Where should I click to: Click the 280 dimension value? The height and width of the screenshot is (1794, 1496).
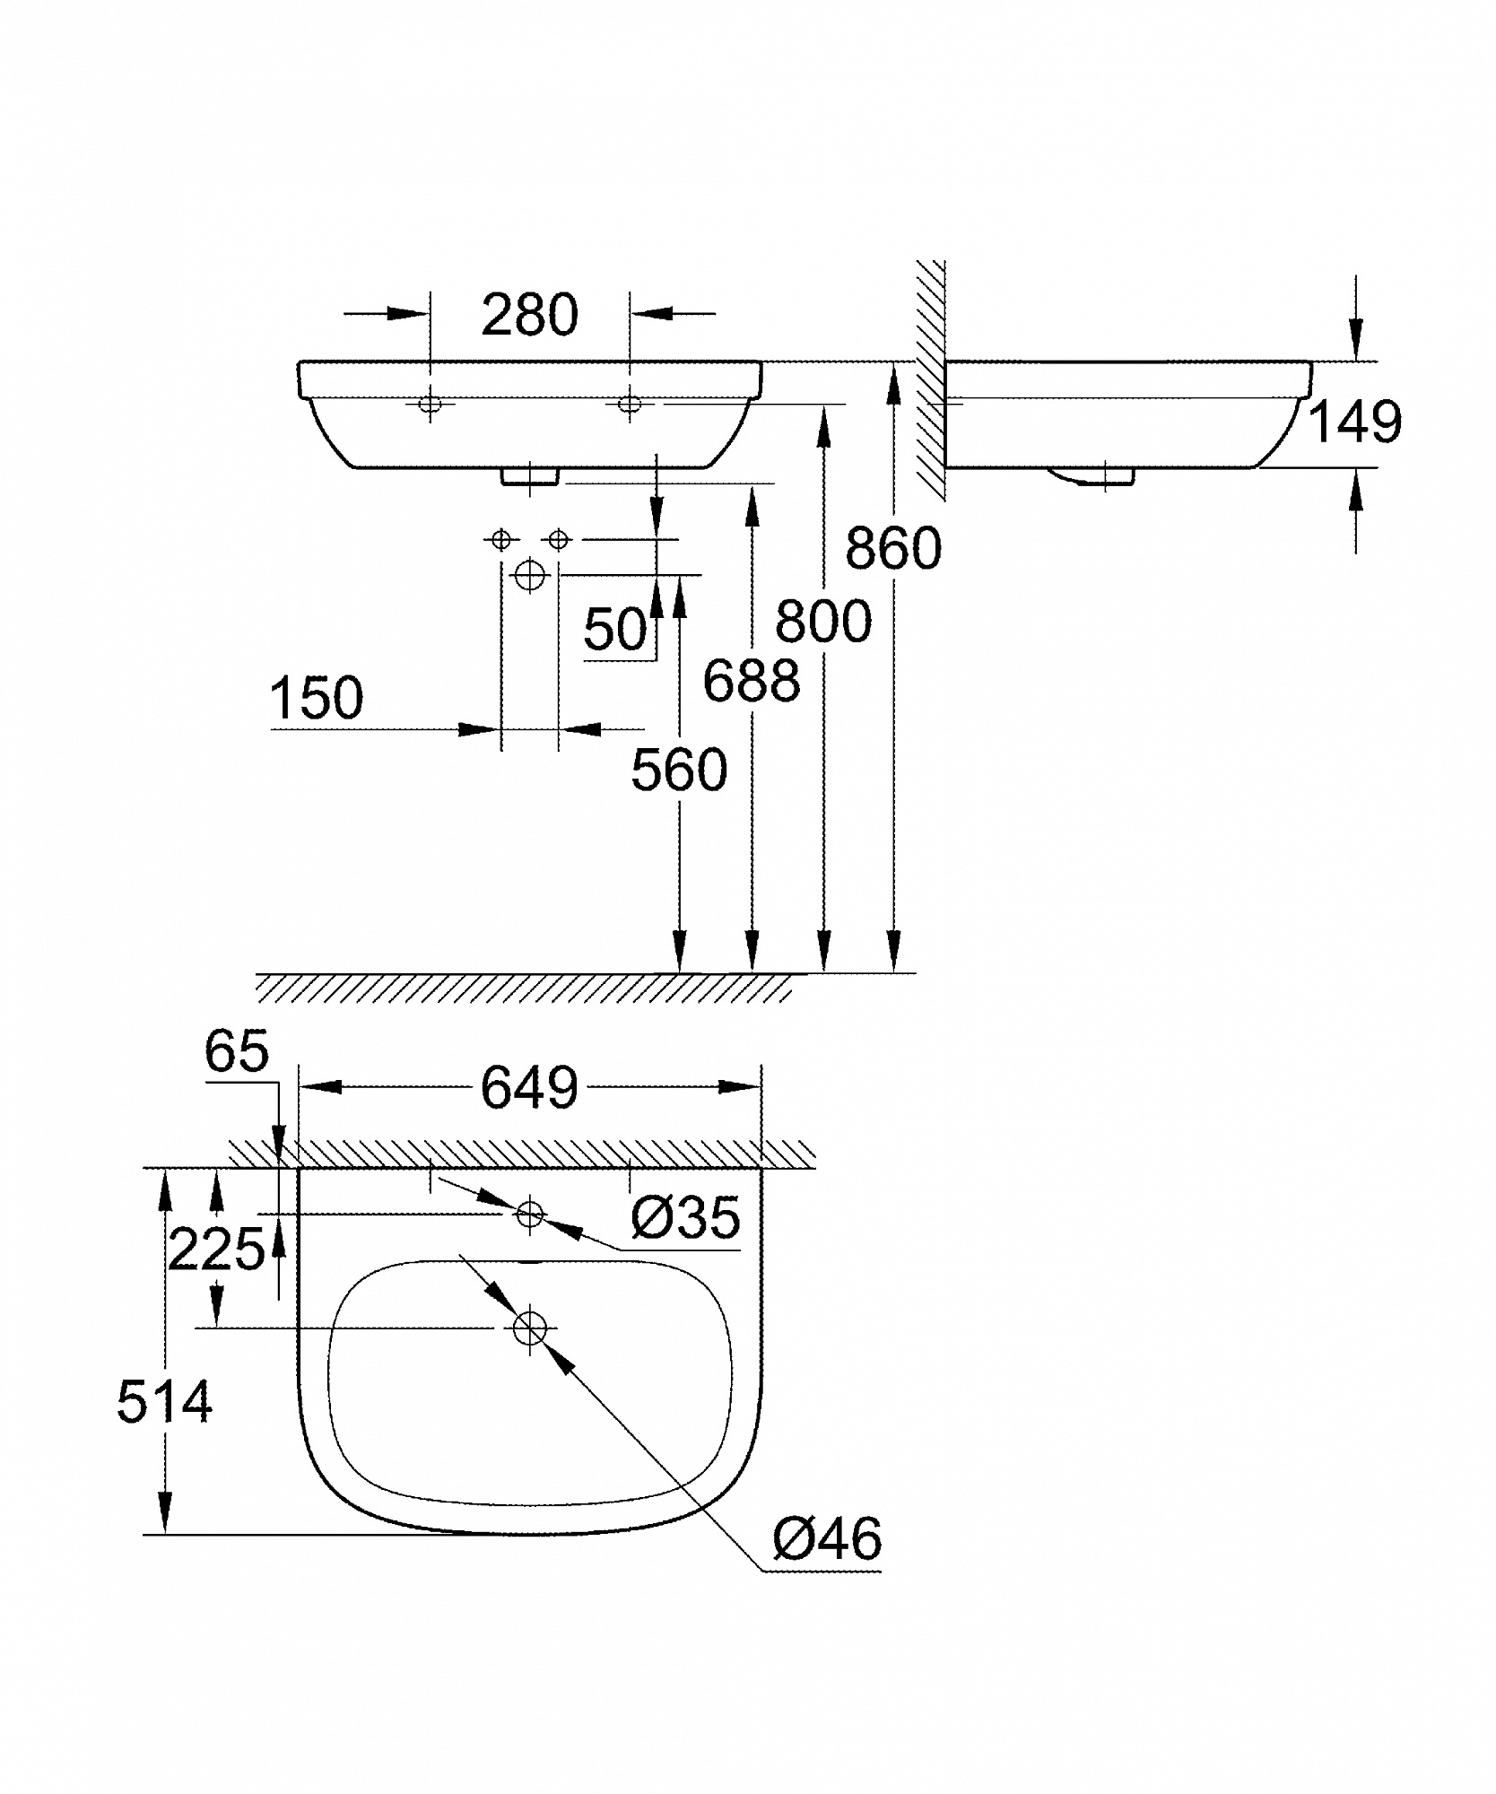click(x=529, y=316)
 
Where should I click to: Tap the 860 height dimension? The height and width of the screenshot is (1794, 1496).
click(x=893, y=548)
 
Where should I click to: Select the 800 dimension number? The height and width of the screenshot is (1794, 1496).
click(x=823, y=622)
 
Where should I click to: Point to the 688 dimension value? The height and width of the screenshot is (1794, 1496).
click(x=752, y=680)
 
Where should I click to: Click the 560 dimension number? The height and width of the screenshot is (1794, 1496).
click(x=679, y=770)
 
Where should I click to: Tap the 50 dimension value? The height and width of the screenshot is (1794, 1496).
click(x=615, y=629)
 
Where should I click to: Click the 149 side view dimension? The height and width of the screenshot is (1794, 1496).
click(x=1355, y=422)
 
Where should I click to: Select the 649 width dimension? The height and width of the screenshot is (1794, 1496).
click(x=529, y=1089)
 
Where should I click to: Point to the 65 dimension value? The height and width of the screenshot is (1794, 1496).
click(x=237, y=1050)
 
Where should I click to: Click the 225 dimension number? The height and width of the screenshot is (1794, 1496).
click(x=217, y=1249)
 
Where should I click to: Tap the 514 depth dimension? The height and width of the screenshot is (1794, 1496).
click(x=164, y=1402)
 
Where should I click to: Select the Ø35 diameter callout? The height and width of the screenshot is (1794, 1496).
click(x=686, y=1217)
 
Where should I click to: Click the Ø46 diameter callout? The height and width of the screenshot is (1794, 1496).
click(x=828, y=1539)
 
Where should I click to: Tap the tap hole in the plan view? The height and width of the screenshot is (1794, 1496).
click(x=530, y=1215)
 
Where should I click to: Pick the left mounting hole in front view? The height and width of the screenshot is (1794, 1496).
click(x=431, y=405)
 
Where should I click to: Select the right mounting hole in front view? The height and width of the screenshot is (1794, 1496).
click(x=630, y=405)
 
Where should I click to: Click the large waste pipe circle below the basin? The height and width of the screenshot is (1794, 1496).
click(x=530, y=575)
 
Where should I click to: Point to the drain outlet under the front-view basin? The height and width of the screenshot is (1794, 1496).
click(x=530, y=476)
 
